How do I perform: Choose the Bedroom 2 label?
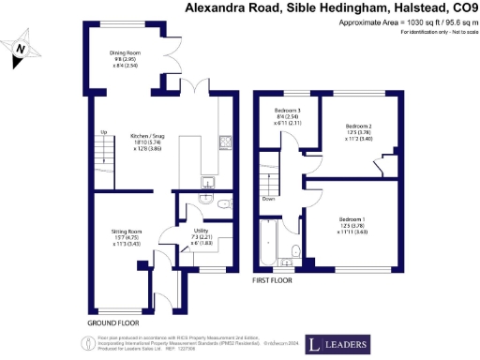(x=358, y=126)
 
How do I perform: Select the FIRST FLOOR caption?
(x=275, y=279)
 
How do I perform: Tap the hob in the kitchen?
(x=226, y=143)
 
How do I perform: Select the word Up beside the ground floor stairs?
(x=102, y=132)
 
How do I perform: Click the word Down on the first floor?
(x=269, y=199)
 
